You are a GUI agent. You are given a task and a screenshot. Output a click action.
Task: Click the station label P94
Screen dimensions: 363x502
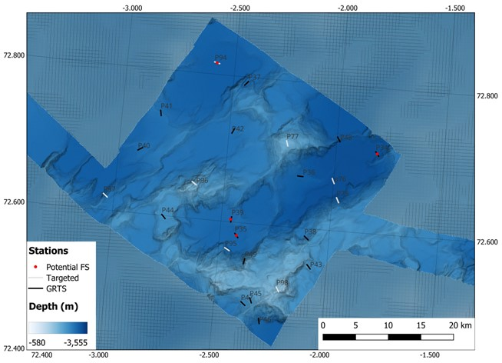tap(221, 58)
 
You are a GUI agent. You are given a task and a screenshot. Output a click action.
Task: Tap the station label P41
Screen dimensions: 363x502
tap(166, 106)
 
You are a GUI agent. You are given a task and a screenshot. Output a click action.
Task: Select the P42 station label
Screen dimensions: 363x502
tap(238, 129)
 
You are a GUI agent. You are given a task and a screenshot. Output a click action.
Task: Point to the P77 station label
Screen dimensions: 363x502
tap(292, 137)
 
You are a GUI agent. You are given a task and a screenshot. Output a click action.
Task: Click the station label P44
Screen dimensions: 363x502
tap(167, 210)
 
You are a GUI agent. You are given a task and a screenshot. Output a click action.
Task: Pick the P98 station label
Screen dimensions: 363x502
tap(282, 283)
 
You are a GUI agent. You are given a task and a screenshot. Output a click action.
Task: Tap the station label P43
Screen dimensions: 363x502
tap(316, 265)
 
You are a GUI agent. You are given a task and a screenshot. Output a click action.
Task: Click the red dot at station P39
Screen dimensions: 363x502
tap(231, 220)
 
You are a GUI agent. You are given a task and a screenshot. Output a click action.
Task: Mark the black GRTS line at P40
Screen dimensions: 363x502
tap(140, 148)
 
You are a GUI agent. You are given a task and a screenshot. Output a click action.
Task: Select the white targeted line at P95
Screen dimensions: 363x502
tap(226, 248)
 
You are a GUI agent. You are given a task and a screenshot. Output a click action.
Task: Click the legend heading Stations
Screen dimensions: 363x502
tap(50, 251)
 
